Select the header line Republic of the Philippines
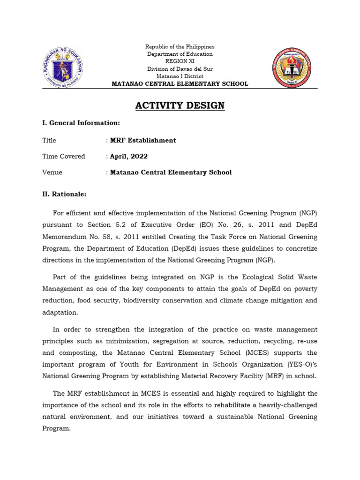[x=180, y=47]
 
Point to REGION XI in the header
[x=180, y=61]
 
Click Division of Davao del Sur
[x=180, y=69]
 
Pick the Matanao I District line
[x=180, y=76]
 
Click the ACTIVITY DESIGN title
[x=180, y=105]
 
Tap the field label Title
[x=49, y=140]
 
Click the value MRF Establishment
[x=143, y=140]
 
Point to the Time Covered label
[x=64, y=156]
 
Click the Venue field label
[x=52, y=172]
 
